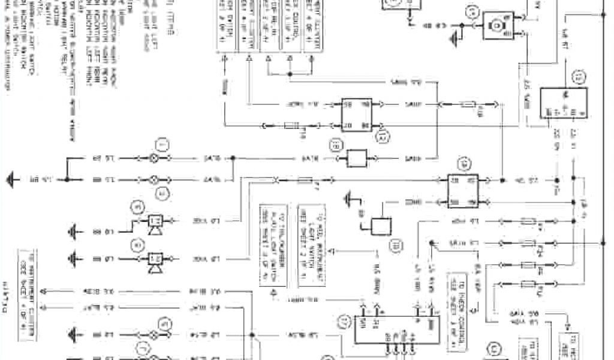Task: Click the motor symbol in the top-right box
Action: (x=496, y=25)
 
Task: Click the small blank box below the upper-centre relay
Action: (x=361, y=158)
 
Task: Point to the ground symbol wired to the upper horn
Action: (x=76, y=231)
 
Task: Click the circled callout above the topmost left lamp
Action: (x=160, y=143)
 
